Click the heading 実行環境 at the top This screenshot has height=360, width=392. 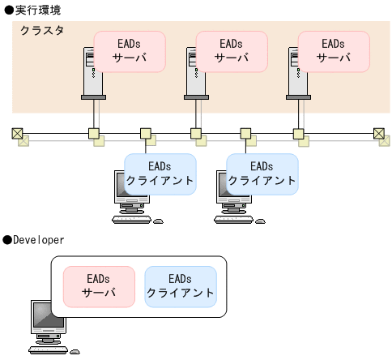point(36,9)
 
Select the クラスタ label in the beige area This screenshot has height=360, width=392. point(42,30)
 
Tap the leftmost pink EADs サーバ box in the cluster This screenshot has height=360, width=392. point(130,50)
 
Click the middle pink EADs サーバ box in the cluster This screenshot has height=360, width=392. point(232,50)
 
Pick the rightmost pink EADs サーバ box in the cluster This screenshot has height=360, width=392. point(334,50)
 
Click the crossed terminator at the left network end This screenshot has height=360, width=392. point(17,133)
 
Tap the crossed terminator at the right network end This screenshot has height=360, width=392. point(378,133)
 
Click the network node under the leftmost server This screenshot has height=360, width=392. point(94,133)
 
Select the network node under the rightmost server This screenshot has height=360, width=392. point(298,133)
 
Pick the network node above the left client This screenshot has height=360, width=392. point(146,133)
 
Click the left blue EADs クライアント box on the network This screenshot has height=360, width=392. point(160,173)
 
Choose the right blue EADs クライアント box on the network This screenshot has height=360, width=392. point(262,173)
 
